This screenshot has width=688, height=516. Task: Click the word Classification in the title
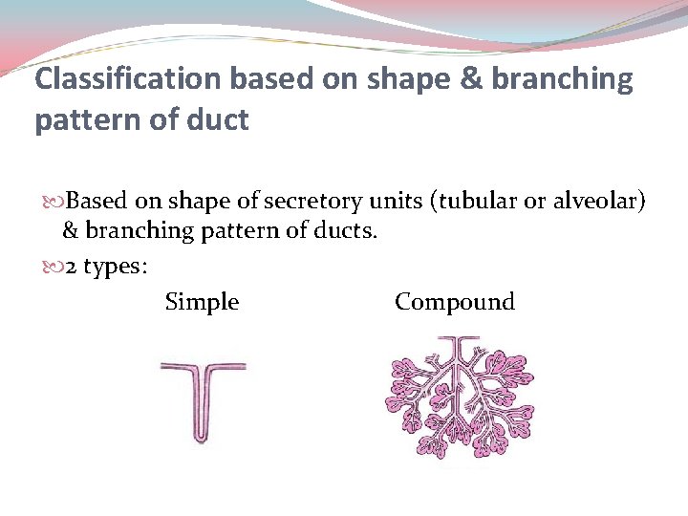(117, 80)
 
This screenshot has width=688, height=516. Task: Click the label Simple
(202, 303)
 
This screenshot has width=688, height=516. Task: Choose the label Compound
(454, 303)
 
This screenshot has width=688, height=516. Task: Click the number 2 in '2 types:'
(71, 268)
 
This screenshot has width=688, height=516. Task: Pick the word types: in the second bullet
(115, 269)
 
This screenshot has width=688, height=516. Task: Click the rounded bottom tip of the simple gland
(202, 439)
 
